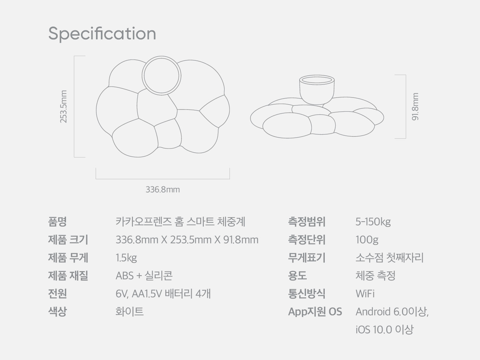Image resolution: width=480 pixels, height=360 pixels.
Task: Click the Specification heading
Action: click(x=102, y=34)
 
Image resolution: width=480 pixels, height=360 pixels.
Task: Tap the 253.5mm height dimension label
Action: click(x=63, y=106)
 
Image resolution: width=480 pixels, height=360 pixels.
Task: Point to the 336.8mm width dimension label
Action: click(x=163, y=189)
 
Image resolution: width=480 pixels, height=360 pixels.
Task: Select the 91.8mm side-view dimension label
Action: click(x=415, y=106)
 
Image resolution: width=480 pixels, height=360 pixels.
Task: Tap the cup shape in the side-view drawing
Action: click(x=317, y=90)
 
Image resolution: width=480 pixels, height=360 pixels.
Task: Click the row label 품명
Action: click(x=57, y=222)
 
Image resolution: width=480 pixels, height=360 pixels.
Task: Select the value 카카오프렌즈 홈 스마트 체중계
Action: click(x=180, y=222)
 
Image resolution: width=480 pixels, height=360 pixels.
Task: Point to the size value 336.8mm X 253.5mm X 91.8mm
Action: click(x=187, y=240)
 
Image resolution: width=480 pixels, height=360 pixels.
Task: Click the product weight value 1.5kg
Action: click(x=126, y=258)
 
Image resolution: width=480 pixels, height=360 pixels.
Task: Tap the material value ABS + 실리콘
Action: click(x=144, y=276)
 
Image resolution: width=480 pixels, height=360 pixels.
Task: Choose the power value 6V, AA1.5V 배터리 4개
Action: click(x=163, y=294)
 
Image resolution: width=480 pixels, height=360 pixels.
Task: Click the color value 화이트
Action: click(x=129, y=312)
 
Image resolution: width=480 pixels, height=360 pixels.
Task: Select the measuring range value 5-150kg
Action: click(x=373, y=222)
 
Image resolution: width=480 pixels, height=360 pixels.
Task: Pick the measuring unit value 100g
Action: click(x=367, y=240)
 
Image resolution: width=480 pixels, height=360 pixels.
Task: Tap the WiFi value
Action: click(x=365, y=294)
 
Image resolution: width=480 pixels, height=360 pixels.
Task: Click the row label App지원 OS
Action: click(x=315, y=312)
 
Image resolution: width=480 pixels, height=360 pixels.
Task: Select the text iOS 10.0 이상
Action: click(x=384, y=330)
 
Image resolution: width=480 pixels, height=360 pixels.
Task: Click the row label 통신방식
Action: click(x=307, y=294)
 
